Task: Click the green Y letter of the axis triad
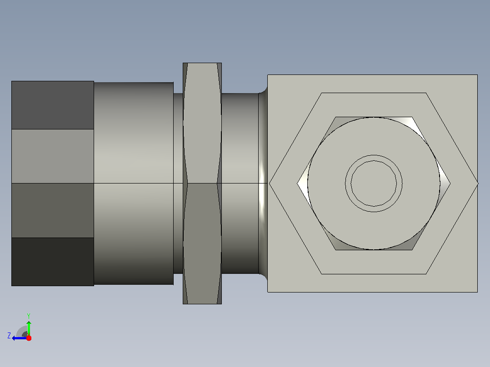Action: pyautogui.click(x=29, y=316)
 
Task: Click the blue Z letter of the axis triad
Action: pyautogui.click(x=9, y=336)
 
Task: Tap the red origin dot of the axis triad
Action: pyautogui.click(x=29, y=338)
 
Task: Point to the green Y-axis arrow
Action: pyautogui.click(x=29, y=328)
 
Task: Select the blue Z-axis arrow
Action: pyautogui.click(x=20, y=338)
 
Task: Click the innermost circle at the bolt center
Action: pyautogui.click(x=374, y=183)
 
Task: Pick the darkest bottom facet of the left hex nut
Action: pyautogui.click(x=53, y=262)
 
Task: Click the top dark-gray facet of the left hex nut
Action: pyautogui.click(x=53, y=105)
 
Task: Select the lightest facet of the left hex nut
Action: pyautogui.click(x=53, y=156)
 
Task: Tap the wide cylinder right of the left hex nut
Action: pyautogui.click(x=134, y=183)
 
